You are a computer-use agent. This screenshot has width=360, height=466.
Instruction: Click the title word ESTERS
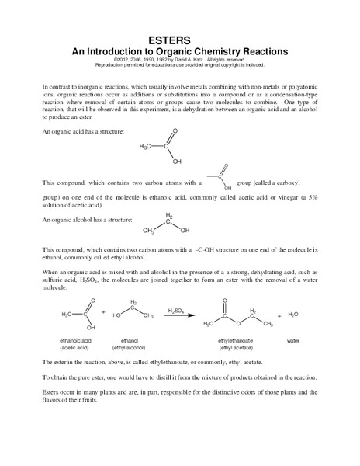point(179,40)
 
